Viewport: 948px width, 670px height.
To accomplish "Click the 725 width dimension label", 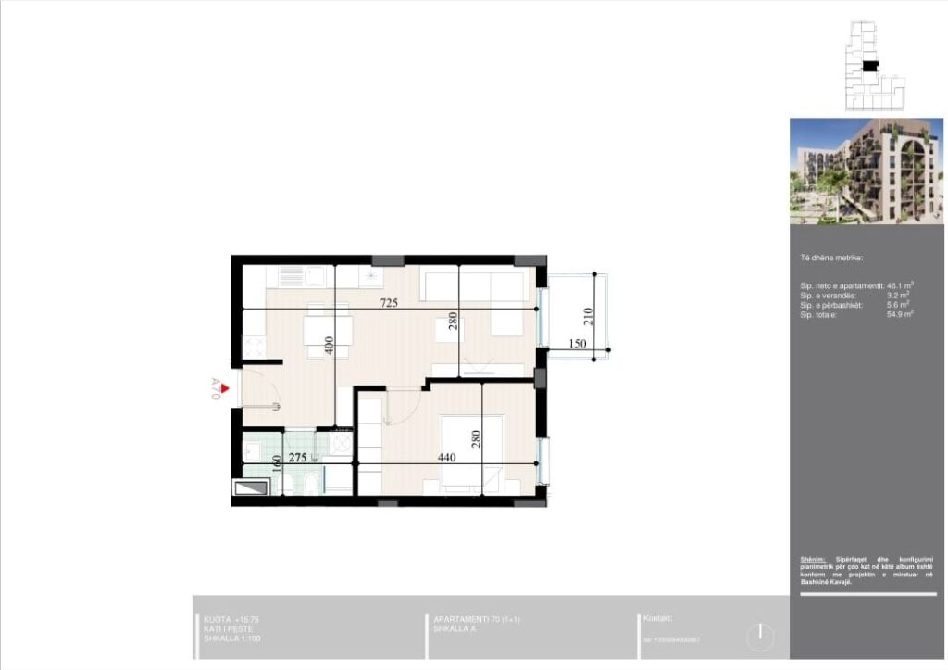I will coord(389,304).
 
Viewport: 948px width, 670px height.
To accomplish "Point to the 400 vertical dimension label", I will coord(328,346).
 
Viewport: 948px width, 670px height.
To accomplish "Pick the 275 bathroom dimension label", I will coord(297,458).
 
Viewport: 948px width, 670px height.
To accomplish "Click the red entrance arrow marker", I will coord(225,375).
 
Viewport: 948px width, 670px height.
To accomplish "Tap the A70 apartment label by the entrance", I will coord(215,389).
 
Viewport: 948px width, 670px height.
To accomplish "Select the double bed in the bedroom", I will coord(471,451).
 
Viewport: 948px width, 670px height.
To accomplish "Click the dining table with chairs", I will coord(329,333).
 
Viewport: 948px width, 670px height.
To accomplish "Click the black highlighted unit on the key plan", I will coord(869,66).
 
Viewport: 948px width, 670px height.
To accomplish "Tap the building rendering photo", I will coord(867,171).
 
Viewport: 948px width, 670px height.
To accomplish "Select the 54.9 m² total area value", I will coord(900,315).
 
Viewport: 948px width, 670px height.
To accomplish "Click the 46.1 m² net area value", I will coord(900,286).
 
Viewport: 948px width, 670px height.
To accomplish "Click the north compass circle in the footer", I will coord(759,636).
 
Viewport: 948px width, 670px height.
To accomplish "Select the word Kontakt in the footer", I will coord(657,618).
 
